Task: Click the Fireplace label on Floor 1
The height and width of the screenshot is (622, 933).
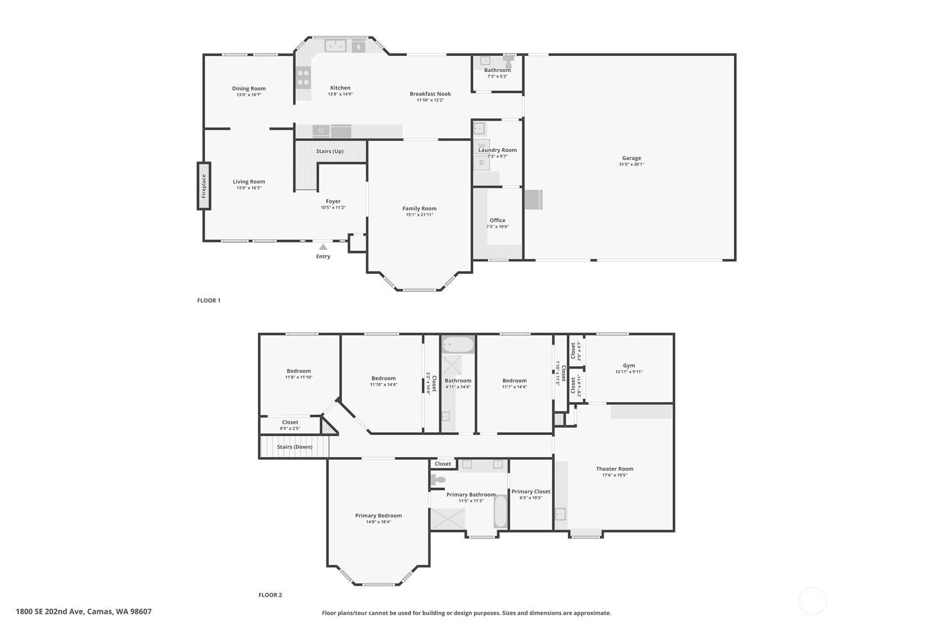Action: (203, 186)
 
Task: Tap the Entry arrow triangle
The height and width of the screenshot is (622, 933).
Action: (323, 247)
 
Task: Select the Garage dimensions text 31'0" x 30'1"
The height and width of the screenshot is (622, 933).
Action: (632, 164)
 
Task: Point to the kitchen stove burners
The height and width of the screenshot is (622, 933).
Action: (303, 78)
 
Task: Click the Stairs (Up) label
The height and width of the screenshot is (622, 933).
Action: (330, 151)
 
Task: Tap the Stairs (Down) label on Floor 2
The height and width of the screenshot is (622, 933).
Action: (295, 447)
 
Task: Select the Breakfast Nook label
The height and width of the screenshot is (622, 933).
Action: (430, 93)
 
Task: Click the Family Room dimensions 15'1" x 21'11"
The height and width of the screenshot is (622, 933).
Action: (419, 215)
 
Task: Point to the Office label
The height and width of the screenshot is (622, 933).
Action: (498, 221)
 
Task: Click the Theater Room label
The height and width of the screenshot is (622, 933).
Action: (614, 469)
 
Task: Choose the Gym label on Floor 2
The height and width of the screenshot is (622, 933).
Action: (629, 366)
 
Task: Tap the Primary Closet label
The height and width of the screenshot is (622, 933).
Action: (531, 492)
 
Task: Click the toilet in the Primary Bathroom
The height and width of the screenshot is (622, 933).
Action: (437, 480)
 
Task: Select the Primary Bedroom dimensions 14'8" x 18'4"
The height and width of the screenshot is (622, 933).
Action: (379, 521)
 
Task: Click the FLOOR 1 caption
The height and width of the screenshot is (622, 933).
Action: (209, 300)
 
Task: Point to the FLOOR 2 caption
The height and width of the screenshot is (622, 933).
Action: (270, 595)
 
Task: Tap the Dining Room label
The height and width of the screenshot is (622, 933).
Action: (249, 89)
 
